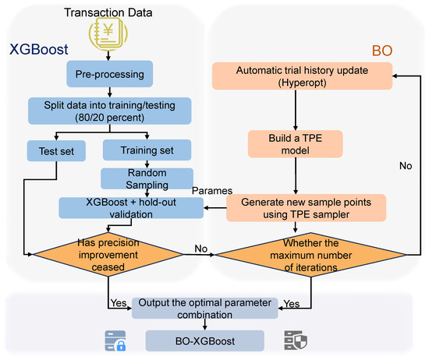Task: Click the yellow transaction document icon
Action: coord(108,34)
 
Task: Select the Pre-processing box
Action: coord(109,74)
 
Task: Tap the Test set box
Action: coord(56,151)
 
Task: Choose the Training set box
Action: coord(147,150)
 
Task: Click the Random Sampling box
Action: coord(147,178)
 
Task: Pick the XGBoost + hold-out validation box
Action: coord(131,208)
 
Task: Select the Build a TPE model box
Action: coord(295,144)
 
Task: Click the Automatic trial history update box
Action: coord(303,76)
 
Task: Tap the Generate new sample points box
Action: coord(307,208)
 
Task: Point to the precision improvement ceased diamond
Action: coord(108,255)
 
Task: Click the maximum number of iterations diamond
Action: coord(311,255)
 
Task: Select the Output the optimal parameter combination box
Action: coord(205,309)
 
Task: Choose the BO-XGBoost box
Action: coord(205,341)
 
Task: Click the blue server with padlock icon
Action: coord(115,341)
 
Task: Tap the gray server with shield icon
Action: coord(296,341)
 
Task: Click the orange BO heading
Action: coord(382,51)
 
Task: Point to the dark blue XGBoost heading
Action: coord(38,49)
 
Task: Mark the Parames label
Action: coord(212,191)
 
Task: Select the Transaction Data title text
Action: coord(108,12)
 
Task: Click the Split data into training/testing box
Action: coord(110,111)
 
